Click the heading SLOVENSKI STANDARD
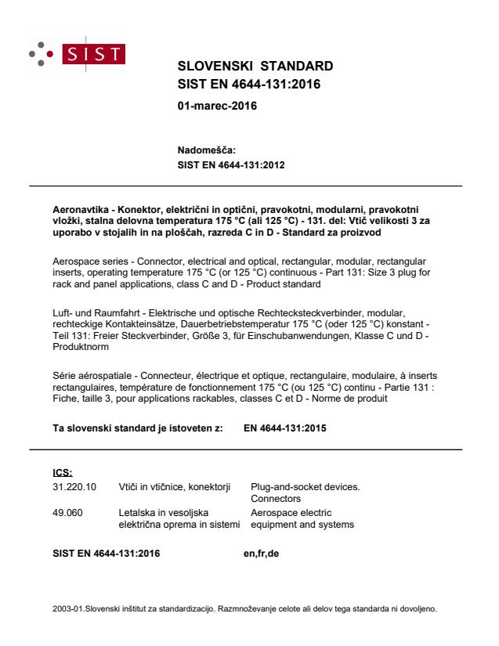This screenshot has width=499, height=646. (x=256, y=65)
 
